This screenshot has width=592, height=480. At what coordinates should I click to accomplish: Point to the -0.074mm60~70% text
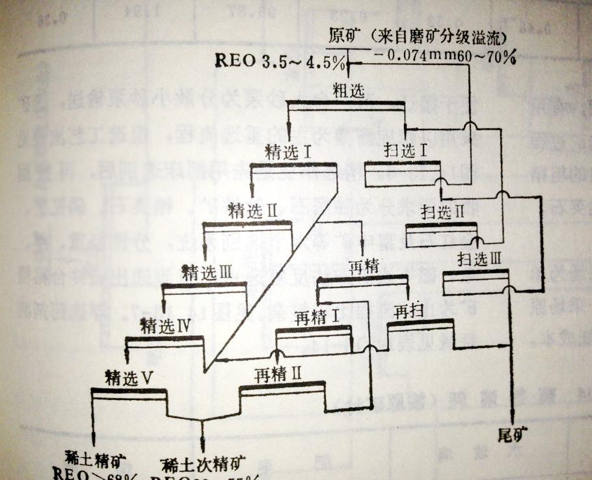click(446, 57)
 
